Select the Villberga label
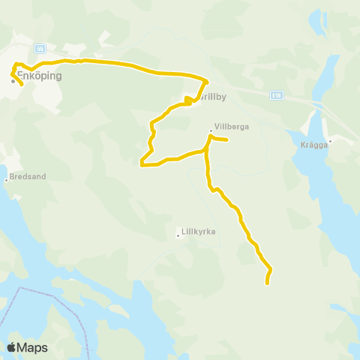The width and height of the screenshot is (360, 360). pos(231,127)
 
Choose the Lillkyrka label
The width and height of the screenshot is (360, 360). pos(199,232)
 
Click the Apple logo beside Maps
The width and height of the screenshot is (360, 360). pos(12,347)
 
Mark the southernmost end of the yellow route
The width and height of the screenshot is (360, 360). pos(267,283)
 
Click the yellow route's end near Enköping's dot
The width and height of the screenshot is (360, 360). pos(22,85)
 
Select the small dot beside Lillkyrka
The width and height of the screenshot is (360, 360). pos(178,235)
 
